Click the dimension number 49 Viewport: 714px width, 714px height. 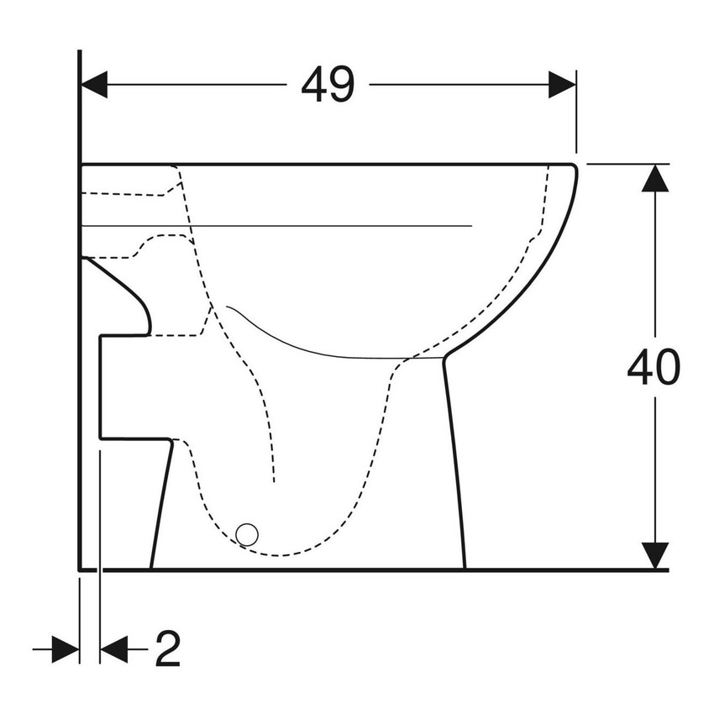(328, 84)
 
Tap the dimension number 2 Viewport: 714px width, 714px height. (167, 648)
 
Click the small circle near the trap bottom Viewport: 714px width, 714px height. (247, 533)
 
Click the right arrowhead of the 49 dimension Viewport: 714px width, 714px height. (562, 84)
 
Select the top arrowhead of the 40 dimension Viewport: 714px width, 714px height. (654, 179)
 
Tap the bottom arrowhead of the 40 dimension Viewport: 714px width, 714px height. (654, 554)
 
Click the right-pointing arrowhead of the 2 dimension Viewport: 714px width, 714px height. (66, 648)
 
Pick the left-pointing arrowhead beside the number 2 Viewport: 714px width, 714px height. (113, 648)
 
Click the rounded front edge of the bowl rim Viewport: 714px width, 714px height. (574, 181)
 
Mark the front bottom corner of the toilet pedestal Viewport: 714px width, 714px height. (465, 568)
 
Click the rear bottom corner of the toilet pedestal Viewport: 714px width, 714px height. (151, 568)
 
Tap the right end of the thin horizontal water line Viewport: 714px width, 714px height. (472, 226)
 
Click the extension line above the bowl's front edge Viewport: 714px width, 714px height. (576, 118)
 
